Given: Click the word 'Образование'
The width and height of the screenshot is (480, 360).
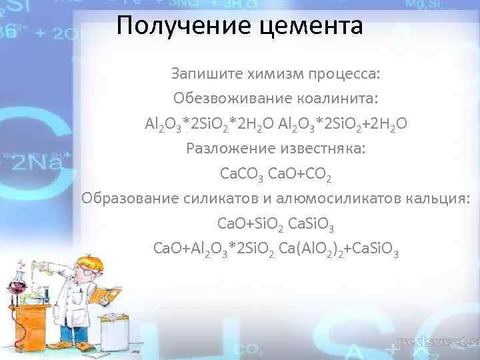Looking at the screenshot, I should point(125,198).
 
